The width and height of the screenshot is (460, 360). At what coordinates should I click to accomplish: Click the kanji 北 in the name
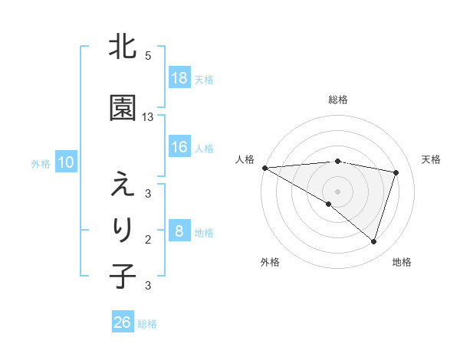click(x=123, y=47)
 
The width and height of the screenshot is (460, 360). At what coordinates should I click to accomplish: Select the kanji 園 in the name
click(x=123, y=108)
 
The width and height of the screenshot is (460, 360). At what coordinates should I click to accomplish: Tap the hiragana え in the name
click(x=123, y=185)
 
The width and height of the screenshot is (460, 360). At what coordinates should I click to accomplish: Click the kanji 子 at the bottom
click(x=123, y=276)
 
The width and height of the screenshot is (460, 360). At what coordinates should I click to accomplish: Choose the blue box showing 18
click(x=179, y=78)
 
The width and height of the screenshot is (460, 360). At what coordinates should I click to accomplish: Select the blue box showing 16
click(x=179, y=148)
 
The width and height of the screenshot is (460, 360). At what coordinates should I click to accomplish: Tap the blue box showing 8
click(x=179, y=232)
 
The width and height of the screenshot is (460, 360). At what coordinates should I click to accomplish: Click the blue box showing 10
click(x=65, y=162)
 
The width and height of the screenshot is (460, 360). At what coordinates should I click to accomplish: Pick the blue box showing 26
click(x=123, y=322)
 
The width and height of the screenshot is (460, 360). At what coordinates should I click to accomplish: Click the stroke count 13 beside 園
click(x=148, y=116)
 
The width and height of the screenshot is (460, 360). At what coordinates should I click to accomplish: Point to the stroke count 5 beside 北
click(x=148, y=56)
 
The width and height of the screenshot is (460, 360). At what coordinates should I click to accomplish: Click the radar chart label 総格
click(x=337, y=100)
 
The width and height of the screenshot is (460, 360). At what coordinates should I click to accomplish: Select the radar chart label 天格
click(x=431, y=159)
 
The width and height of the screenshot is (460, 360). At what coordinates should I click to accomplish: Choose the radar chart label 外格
click(x=270, y=262)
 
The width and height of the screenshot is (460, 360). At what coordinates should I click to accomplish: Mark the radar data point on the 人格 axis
click(x=264, y=167)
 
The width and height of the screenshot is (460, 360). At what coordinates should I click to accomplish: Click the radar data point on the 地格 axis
click(x=374, y=241)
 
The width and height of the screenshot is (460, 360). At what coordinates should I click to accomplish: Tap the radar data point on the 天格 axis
click(x=396, y=172)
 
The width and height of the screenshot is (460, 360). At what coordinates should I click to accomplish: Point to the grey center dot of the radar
click(x=337, y=191)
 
